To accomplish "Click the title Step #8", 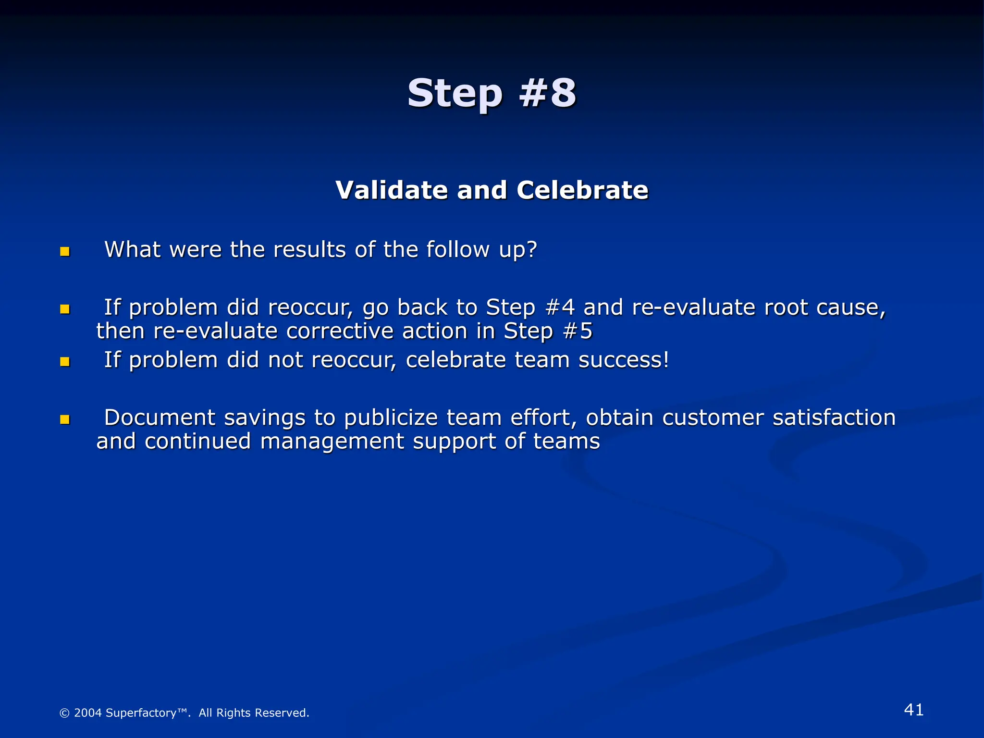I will [x=492, y=93].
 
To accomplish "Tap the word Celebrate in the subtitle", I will [x=582, y=190].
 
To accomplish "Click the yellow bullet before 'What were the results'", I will [x=65, y=252].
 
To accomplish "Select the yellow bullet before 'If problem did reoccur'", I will [x=65, y=309].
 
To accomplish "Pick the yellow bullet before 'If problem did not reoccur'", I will [x=65, y=362].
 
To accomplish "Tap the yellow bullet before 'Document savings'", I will [x=65, y=419].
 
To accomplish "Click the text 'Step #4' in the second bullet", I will [x=530, y=307].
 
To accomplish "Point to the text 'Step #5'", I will [x=548, y=332].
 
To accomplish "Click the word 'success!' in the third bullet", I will [x=624, y=360].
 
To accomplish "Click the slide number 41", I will [x=913, y=710].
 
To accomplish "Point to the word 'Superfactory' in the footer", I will [x=141, y=713].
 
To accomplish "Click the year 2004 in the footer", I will [x=88, y=713].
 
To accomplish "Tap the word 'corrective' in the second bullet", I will [x=339, y=332].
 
